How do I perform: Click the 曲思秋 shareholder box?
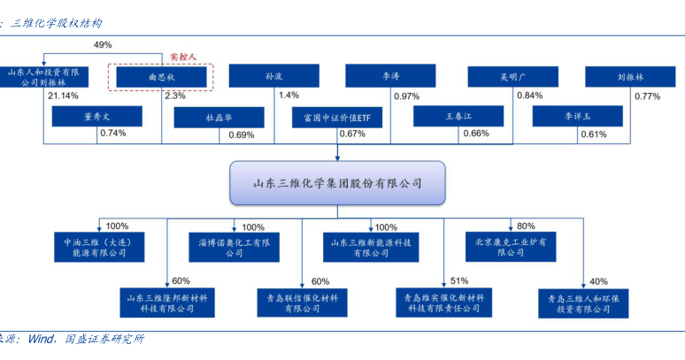(x=161, y=77)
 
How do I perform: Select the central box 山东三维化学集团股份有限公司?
(x=337, y=183)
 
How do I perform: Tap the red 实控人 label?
(x=183, y=57)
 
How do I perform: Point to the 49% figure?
(x=103, y=44)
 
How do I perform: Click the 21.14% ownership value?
(x=63, y=96)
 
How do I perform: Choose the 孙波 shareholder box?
(x=274, y=76)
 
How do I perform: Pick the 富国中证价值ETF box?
(x=337, y=118)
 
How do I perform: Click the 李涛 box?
(x=390, y=76)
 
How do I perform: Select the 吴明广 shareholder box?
(x=513, y=77)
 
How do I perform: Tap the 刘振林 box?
(x=630, y=77)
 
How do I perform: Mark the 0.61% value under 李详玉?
(x=594, y=134)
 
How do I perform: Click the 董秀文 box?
(x=97, y=117)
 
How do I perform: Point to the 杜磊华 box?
(x=219, y=118)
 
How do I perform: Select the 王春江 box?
(x=458, y=116)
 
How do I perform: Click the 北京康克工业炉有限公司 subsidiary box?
(x=511, y=247)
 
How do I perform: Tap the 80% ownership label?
(x=526, y=226)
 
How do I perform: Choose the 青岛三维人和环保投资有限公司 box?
(x=583, y=303)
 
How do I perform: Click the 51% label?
(x=459, y=280)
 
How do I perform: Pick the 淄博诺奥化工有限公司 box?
(x=234, y=248)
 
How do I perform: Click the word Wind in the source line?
(x=41, y=339)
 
